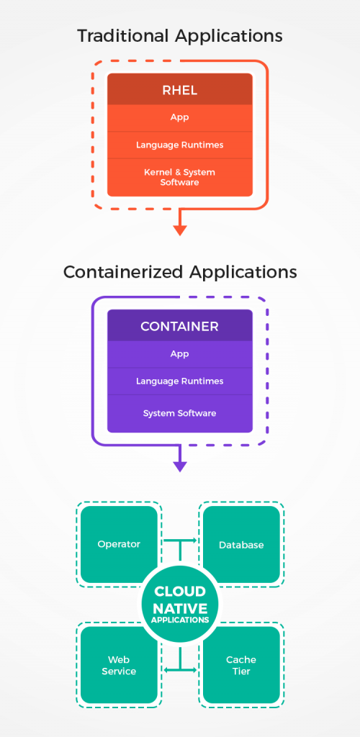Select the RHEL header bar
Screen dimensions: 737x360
coord(179,90)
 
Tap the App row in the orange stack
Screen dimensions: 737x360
coord(179,118)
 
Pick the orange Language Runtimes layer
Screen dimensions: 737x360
coord(179,145)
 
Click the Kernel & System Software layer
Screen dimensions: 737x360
coord(179,177)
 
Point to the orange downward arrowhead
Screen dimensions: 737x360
coord(180,230)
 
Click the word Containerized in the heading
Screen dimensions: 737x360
coord(123,272)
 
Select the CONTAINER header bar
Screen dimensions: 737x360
coord(179,326)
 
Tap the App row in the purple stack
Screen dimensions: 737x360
coord(179,354)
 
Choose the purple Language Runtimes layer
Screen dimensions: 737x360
coord(179,381)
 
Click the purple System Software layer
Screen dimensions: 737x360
coord(179,413)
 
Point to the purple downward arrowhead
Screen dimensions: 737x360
coord(180,466)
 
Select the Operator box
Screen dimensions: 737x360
coord(119,544)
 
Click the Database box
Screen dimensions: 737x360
coord(241,545)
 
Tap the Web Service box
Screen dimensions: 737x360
coord(119,665)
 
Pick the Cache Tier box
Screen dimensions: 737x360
coord(241,665)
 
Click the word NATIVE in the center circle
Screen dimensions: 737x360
coord(180,607)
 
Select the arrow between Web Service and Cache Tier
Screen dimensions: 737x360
coord(180,669)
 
